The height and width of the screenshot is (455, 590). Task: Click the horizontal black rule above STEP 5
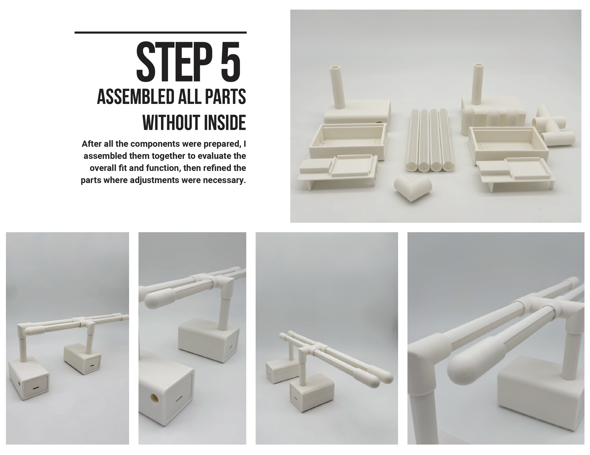coord(160,33)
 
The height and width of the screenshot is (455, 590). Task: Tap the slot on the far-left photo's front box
coord(35,388)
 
